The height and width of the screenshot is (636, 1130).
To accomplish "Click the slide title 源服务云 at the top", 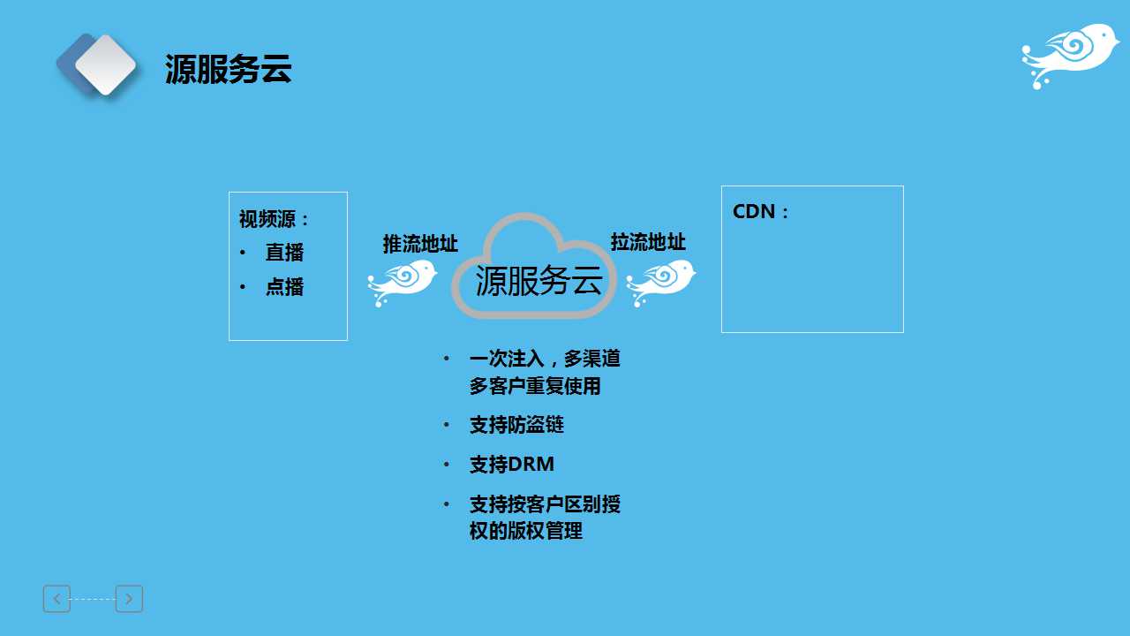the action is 228,69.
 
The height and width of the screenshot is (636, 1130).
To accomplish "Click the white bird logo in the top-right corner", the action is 1069,56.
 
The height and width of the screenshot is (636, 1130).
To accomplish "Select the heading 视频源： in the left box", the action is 274,220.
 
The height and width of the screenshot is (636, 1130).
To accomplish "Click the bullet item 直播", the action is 284,253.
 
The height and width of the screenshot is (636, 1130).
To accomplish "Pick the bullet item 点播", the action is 284,287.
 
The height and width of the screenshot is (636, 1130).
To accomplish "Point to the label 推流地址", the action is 420,244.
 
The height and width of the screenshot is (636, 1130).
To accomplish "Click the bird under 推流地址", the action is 402,282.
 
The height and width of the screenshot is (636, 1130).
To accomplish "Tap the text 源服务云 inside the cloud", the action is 539,281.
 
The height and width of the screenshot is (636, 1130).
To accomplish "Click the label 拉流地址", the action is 648,242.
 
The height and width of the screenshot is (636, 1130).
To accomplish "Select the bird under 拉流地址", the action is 661,282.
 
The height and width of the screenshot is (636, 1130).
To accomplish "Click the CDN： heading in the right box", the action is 760,211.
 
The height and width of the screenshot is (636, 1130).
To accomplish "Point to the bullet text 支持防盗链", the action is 516,425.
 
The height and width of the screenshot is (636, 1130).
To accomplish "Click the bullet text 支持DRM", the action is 511,465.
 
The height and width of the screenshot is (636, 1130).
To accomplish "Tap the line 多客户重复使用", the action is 535,386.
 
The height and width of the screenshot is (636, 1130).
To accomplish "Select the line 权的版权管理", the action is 525,531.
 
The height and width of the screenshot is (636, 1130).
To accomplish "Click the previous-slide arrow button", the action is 56,599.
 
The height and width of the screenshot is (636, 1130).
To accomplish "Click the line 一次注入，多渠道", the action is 545,359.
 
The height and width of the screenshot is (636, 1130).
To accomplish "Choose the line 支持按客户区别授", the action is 545,504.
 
